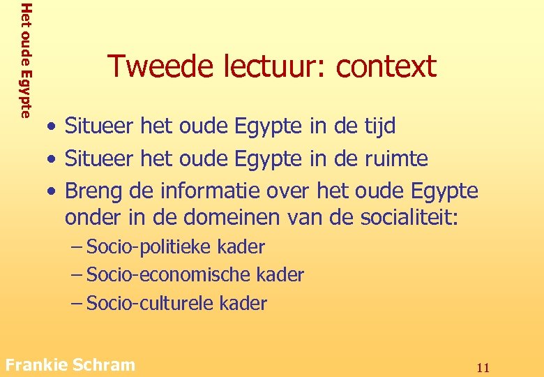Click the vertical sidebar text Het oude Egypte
[x=26, y=60]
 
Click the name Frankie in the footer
[x=36, y=364]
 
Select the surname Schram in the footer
[x=103, y=364]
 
